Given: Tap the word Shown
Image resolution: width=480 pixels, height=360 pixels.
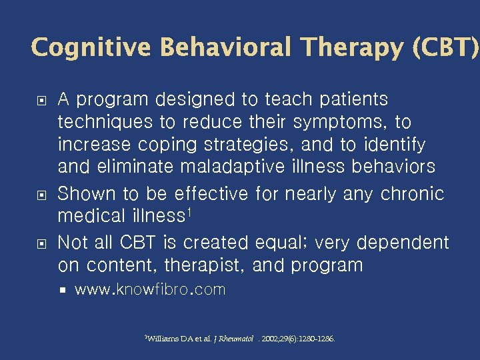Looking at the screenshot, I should point(85,193).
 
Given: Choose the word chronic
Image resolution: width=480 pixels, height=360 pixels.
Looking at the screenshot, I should point(412,193).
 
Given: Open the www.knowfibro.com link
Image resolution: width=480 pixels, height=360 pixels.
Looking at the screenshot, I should point(150,290).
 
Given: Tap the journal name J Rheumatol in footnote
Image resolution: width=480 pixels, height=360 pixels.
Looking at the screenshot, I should point(233,339).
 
